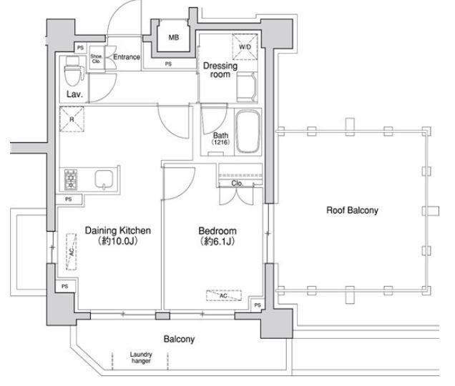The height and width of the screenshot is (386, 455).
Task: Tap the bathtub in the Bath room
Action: click(248, 132)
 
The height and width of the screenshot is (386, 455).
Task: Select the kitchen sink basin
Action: click(104, 179)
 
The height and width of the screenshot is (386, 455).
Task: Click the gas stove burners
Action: click(71, 179)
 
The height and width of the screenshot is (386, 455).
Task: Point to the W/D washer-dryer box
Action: click(245, 47)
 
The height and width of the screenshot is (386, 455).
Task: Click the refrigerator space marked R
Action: click(72, 119)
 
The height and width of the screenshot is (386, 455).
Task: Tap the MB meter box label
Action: click(174, 37)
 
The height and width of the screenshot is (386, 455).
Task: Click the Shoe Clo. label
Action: click(96, 59)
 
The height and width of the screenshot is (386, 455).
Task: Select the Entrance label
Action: click(127, 57)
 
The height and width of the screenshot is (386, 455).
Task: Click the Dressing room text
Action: click(220, 70)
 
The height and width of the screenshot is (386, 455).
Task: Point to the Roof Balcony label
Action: click(352, 210)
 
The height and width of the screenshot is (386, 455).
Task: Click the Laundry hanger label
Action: click(141, 357)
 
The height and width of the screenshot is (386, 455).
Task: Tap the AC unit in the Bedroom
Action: click(224, 295)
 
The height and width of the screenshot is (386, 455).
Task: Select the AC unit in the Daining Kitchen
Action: click(72, 252)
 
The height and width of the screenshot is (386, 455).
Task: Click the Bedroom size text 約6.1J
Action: click(217, 241)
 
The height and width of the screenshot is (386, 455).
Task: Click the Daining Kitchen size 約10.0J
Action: click(117, 241)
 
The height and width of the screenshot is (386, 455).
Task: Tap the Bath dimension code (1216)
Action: click(220, 142)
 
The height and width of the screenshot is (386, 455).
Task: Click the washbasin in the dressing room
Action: click(247, 86)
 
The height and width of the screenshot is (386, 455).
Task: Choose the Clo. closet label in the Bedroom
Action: click(238, 183)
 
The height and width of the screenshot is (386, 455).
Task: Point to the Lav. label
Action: click(74, 94)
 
